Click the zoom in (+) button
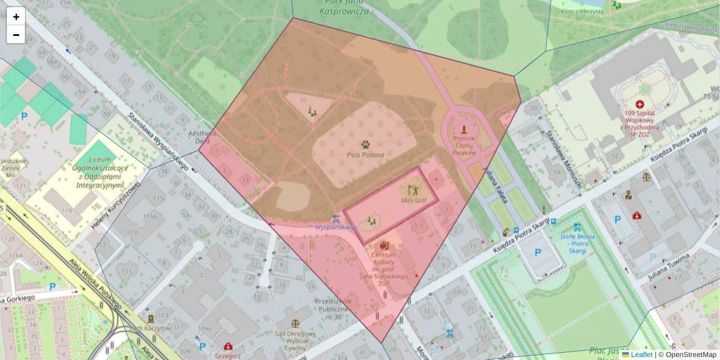[16, 17]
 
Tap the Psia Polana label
[365, 155]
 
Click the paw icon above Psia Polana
[365, 144]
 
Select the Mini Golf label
[413, 200]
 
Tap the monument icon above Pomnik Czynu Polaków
[463, 128]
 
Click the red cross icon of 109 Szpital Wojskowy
[640, 104]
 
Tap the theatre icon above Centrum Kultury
[384, 245]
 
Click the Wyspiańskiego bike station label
[336, 227]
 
